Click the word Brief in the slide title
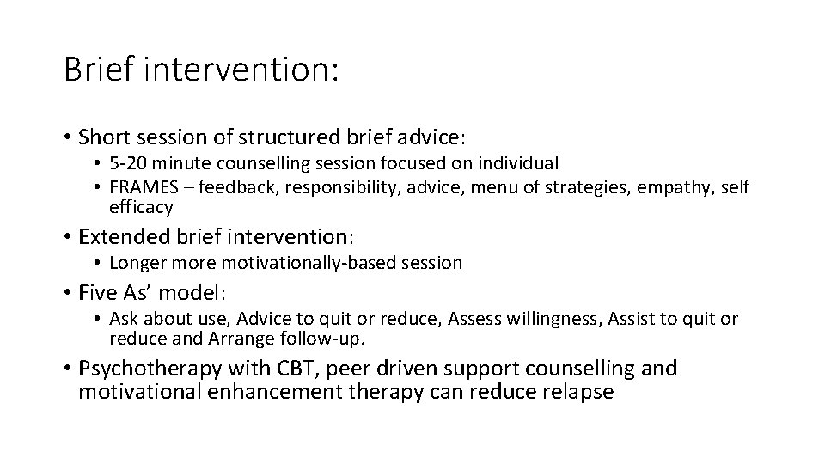(x=97, y=69)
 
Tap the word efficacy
(x=141, y=207)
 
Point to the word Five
(x=95, y=292)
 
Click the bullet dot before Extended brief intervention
(x=67, y=235)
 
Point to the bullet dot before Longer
(x=99, y=262)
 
